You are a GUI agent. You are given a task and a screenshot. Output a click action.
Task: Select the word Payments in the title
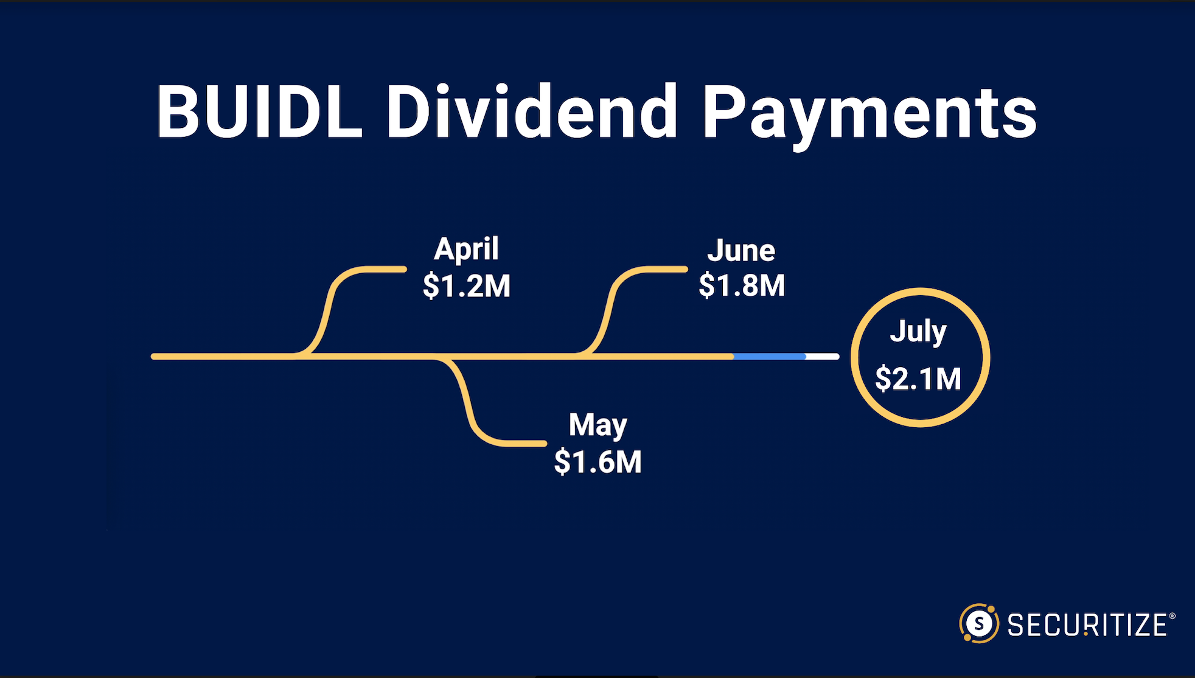[x=869, y=116]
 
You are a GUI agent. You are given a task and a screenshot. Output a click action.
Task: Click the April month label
[x=466, y=250]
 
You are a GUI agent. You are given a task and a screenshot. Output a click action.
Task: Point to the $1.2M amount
[x=467, y=285]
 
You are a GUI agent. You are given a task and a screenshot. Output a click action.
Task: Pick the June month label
[x=741, y=250]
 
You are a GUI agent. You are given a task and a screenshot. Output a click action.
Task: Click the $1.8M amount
[x=742, y=285]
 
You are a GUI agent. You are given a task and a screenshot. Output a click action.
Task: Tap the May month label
[x=597, y=425]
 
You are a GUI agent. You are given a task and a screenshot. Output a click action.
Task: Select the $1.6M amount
[x=597, y=461]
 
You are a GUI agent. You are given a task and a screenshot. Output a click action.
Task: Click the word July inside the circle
[x=918, y=332]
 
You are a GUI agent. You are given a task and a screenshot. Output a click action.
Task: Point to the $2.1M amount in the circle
[x=918, y=378]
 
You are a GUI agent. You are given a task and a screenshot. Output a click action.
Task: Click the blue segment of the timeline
[x=770, y=357]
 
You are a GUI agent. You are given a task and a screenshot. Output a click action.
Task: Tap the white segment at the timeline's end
[x=823, y=357]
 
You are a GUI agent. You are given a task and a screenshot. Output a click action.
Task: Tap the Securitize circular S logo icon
[x=979, y=623]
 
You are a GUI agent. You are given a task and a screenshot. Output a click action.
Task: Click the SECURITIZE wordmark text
[x=1087, y=625]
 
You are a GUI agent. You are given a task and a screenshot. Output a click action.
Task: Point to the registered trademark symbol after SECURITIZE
[x=1172, y=616]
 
